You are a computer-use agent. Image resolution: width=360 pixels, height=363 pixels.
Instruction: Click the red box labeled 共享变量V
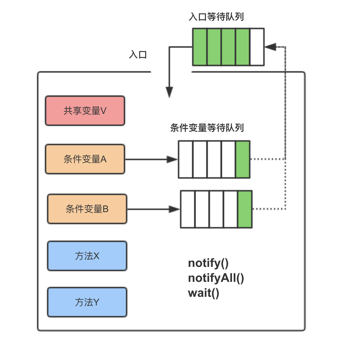[85, 111]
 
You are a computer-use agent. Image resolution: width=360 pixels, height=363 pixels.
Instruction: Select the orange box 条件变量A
[85, 159]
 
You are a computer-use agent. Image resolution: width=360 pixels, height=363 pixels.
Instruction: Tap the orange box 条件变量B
[87, 209]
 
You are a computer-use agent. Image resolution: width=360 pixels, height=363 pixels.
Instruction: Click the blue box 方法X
[87, 256]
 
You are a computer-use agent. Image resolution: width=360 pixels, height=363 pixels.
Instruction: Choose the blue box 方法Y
[87, 302]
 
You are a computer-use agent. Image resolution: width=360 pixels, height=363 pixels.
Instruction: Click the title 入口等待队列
[216, 17]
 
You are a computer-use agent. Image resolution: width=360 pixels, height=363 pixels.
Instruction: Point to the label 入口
[138, 55]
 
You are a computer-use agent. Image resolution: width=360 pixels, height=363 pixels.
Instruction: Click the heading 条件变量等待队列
[207, 128]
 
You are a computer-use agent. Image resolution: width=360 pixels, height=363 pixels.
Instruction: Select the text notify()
[208, 263]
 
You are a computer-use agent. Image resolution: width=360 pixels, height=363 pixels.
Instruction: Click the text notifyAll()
[216, 278]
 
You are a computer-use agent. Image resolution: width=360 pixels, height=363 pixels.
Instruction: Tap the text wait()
[203, 293]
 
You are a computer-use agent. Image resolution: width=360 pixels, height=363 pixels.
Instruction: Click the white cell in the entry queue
[257, 47]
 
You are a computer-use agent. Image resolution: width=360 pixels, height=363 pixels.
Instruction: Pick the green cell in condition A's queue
[243, 159]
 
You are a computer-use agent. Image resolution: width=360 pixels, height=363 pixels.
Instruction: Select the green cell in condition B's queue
[245, 209]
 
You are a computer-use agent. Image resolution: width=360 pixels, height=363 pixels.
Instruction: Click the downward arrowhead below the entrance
[169, 92]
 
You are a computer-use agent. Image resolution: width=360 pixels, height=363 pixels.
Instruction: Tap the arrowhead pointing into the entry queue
[270, 47]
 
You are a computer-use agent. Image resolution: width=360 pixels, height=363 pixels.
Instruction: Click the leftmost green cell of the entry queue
[200, 47]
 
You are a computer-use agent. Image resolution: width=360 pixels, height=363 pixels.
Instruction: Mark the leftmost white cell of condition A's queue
[185, 159]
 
